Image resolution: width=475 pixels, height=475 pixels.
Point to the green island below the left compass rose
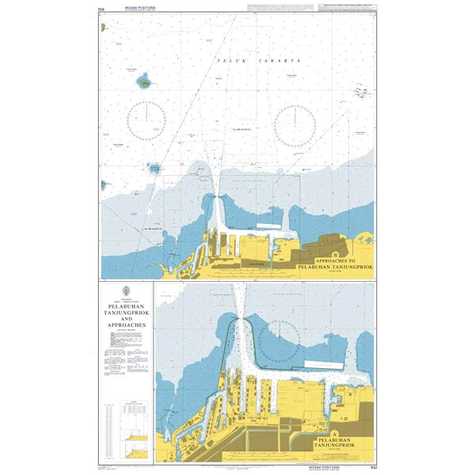(155, 168)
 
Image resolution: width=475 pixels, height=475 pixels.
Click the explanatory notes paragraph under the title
(126, 352)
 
